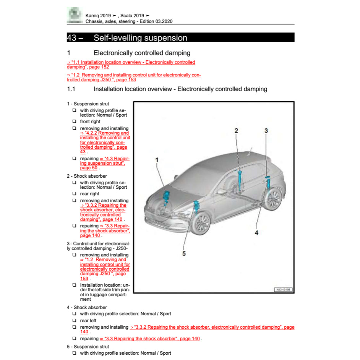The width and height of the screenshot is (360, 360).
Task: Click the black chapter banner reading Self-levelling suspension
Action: point(180,37)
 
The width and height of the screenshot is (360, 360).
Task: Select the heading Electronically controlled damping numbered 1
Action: point(142,53)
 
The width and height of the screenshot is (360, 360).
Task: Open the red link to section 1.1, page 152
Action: point(131,64)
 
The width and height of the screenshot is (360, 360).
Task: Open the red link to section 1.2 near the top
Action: point(134,77)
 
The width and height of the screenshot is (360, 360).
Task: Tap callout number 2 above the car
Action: point(236,131)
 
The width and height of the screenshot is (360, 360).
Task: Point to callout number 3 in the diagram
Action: point(266,131)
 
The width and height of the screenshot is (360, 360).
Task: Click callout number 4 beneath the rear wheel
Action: point(256,232)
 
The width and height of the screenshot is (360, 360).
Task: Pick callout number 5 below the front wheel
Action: point(184,253)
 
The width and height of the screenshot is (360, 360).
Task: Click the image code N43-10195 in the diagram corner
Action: point(283,289)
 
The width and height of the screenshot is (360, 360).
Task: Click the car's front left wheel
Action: point(201,224)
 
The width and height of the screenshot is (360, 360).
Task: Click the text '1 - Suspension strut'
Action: point(88,104)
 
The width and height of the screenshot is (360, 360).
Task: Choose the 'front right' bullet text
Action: point(90,122)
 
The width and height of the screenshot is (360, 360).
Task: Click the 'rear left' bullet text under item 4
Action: point(88,321)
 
